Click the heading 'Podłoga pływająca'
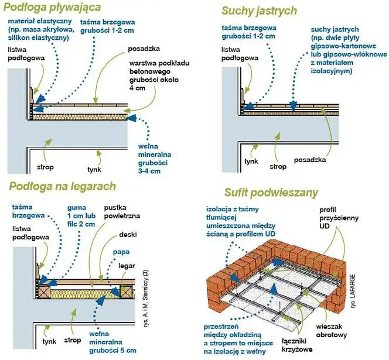pyautogui.click(x=52, y=8)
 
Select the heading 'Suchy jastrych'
pyautogui.click(x=259, y=11)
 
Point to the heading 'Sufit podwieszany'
pyautogui.click(x=271, y=193)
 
